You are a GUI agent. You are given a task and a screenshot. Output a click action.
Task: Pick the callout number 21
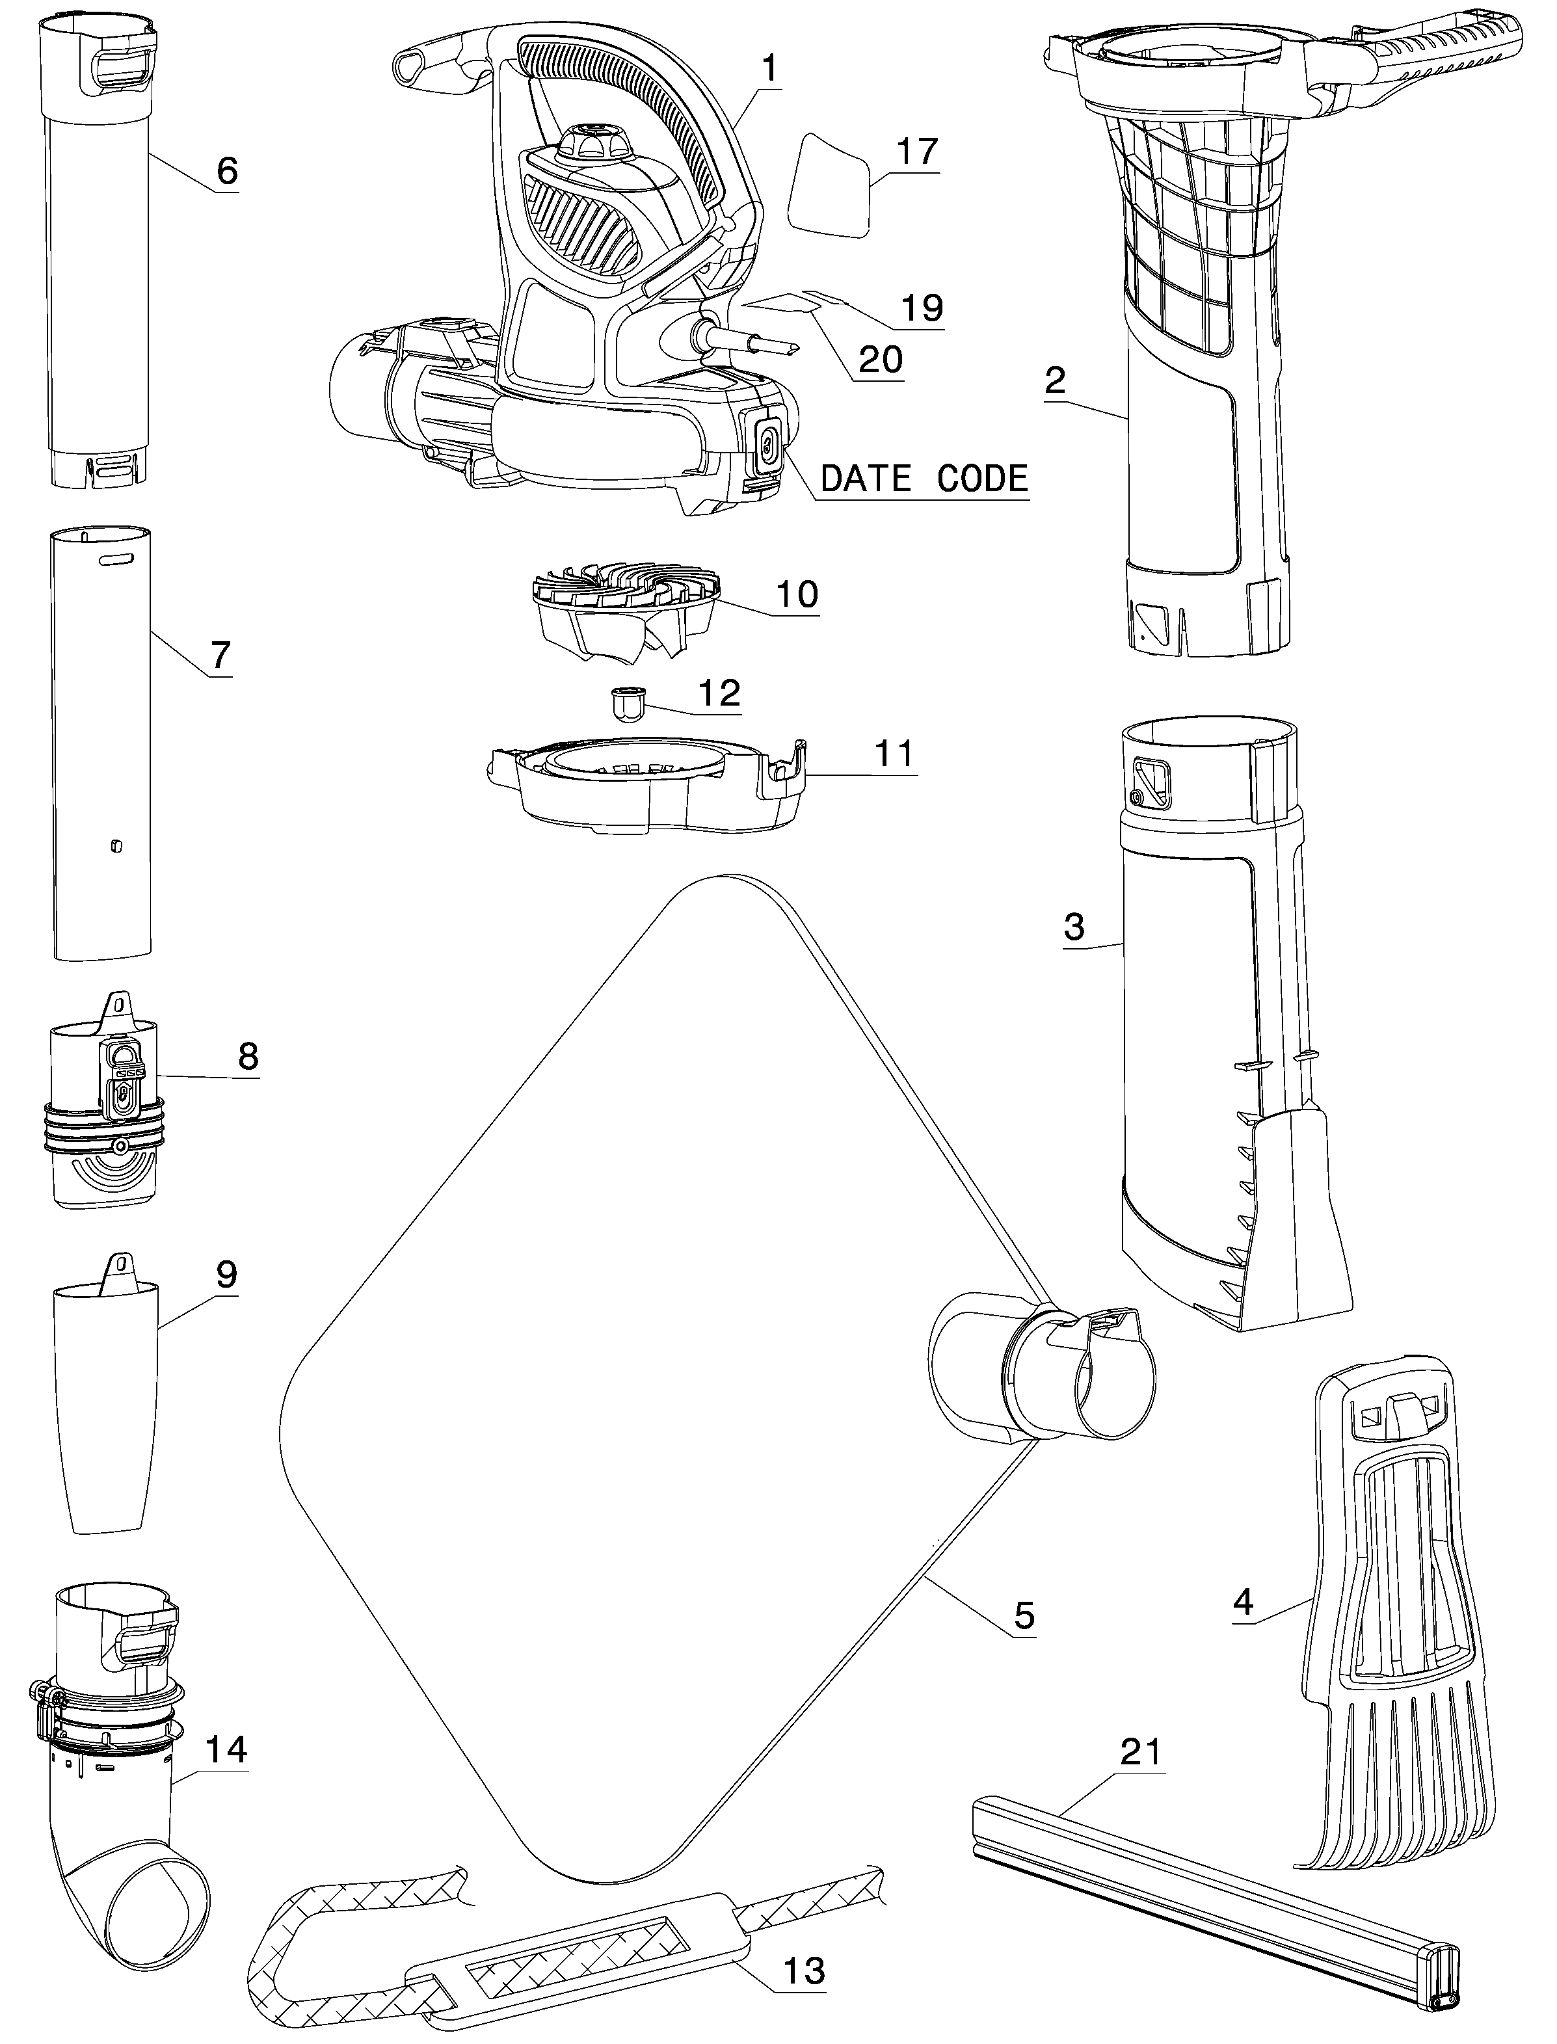[x=1141, y=1752]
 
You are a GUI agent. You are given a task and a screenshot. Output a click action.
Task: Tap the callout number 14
[x=226, y=1749]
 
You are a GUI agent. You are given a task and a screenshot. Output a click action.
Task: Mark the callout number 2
[x=1055, y=380]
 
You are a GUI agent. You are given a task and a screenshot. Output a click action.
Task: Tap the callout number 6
[x=227, y=170]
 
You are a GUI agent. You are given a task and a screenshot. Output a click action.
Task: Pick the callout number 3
[x=1074, y=927]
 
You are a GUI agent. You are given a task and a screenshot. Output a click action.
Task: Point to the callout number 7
[x=220, y=655]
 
